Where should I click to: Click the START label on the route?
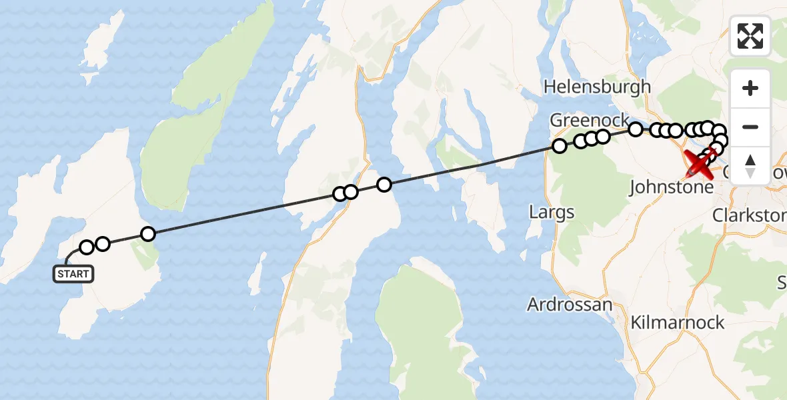coord(73,274)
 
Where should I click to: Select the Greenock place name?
coord(589,120)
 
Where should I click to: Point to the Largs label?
coord(552,213)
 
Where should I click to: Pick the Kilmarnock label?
coord(678,323)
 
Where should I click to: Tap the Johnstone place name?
coord(671,188)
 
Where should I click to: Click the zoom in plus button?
coord(750,88)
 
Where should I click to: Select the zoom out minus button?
coord(750,127)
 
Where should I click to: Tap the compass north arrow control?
coord(750,165)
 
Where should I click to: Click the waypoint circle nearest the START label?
coord(87,248)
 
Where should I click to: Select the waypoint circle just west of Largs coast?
coord(559,146)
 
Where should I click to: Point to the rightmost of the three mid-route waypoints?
coord(384,185)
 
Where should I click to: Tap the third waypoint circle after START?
coord(148,233)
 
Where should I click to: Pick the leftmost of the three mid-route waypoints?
coord(339,194)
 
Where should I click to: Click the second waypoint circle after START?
coord(103,243)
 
